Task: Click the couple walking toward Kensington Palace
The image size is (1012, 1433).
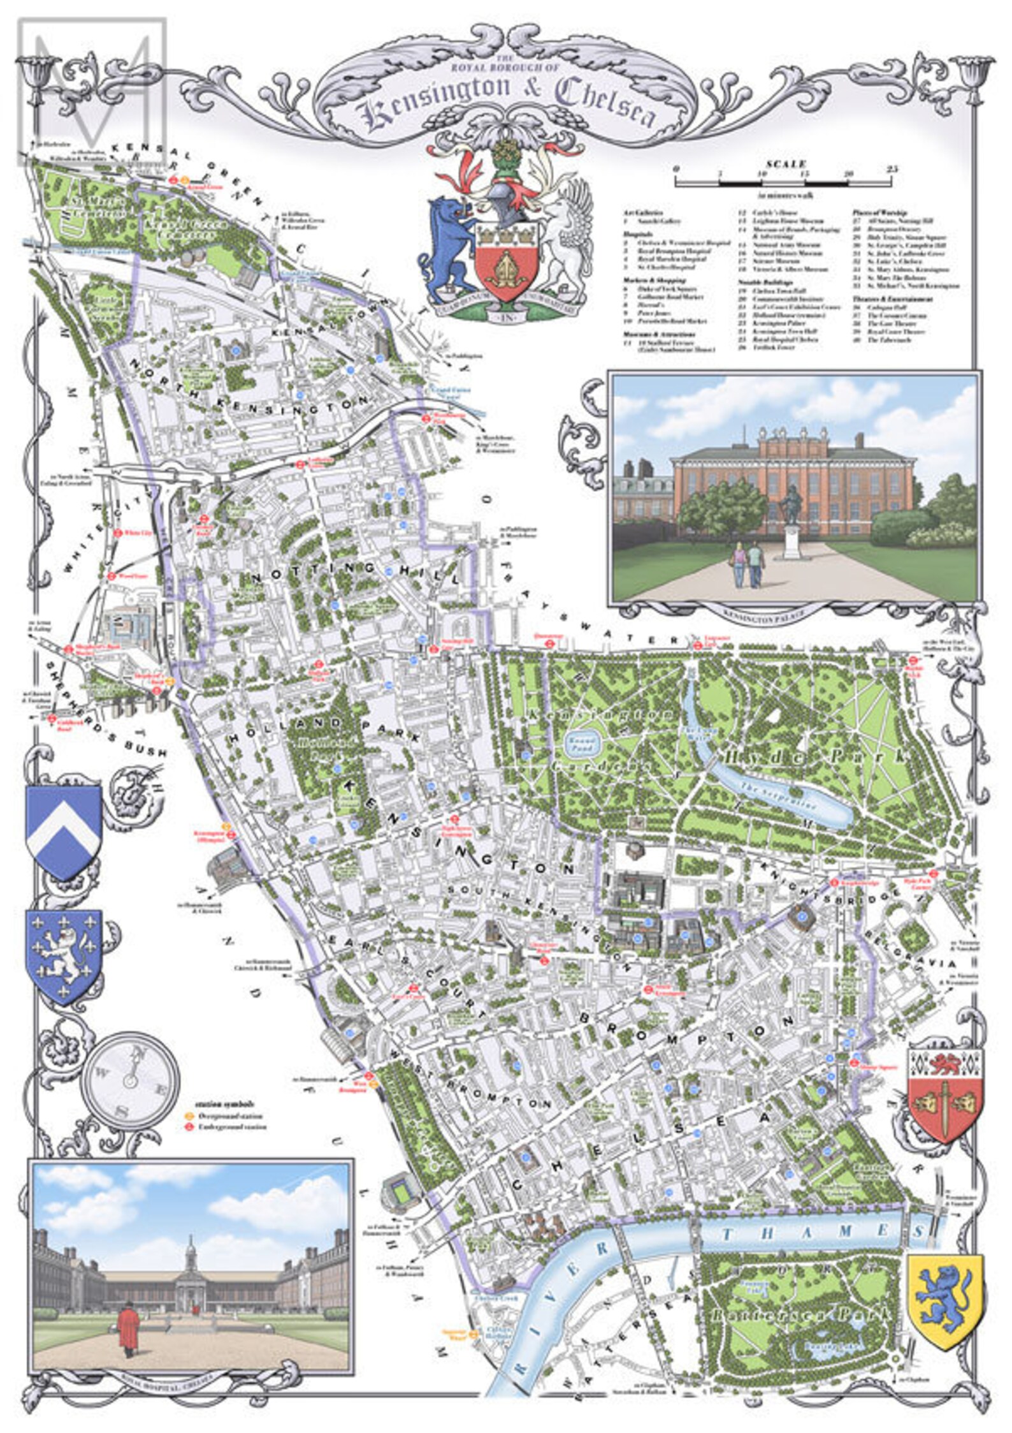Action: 746,564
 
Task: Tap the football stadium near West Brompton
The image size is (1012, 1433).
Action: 400,1191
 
